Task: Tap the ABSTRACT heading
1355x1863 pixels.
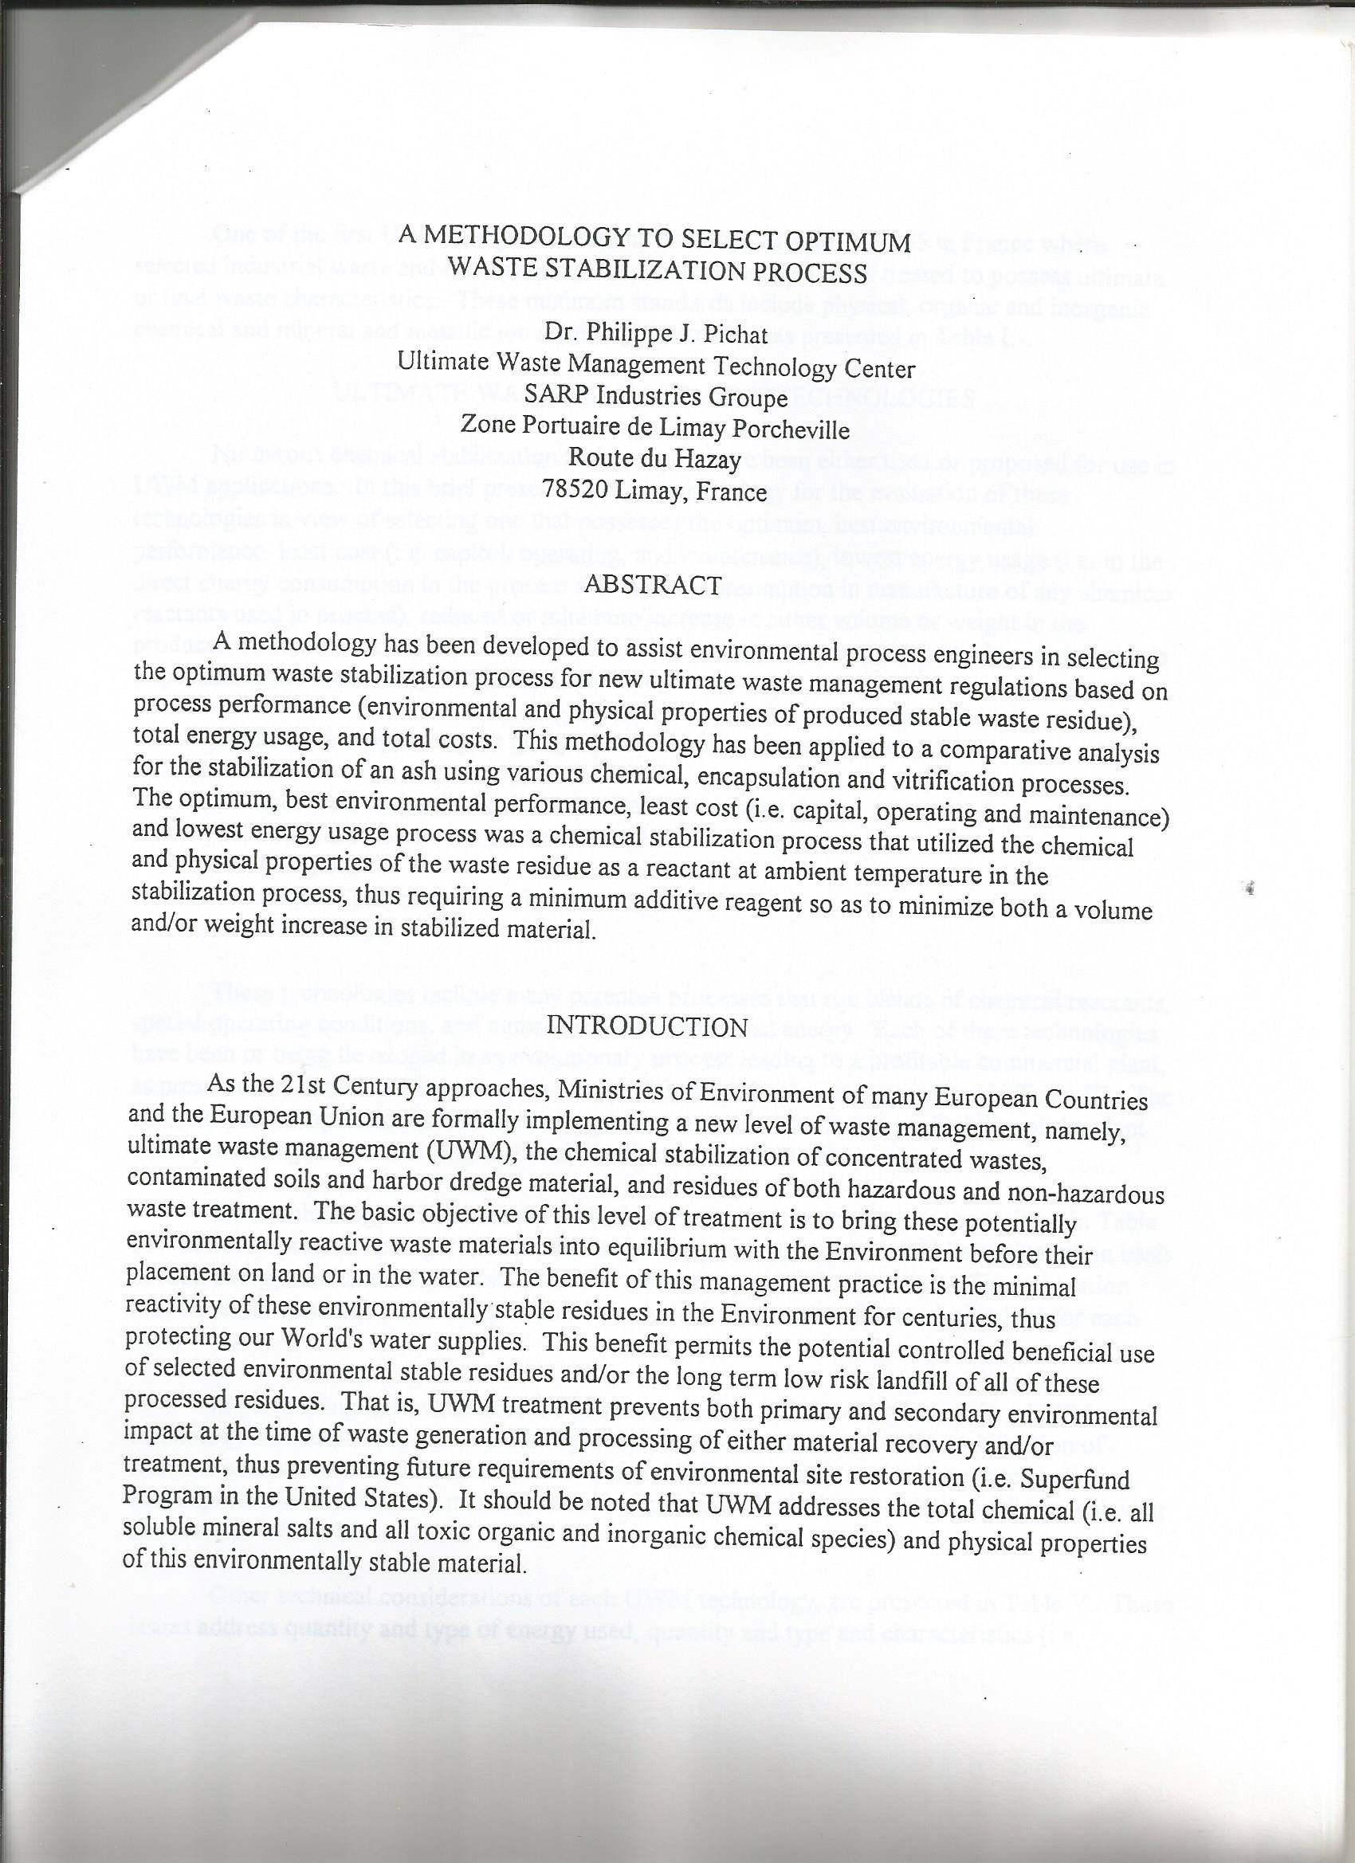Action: pyautogui.click(x=653, y=585)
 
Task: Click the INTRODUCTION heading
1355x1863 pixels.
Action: pyautogui.click(x=646, y=1026)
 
